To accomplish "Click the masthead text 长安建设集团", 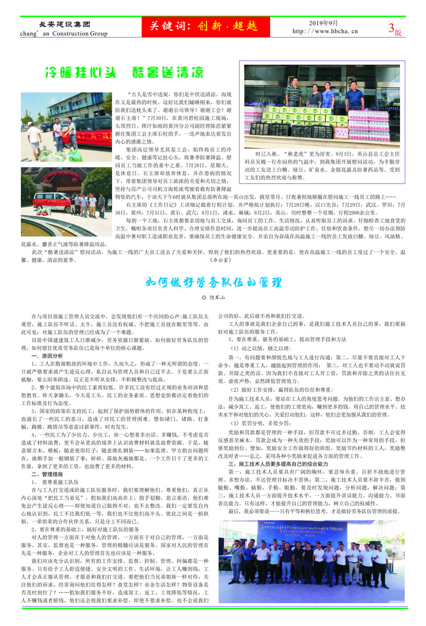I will pos(64,24).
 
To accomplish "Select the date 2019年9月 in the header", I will pos(323,23).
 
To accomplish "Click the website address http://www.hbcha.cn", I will pos(325,31).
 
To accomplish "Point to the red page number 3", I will pos(391,28).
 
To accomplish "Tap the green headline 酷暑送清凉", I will pos(168,72).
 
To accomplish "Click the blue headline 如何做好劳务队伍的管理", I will pos(213,282).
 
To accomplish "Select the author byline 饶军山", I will pos(217,297).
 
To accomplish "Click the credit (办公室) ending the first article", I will pos(220,260).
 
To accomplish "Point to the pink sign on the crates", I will pos(341,133).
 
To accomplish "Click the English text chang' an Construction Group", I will pos(64,34).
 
